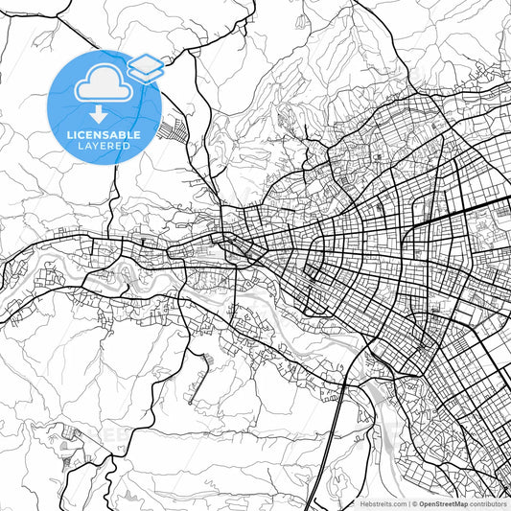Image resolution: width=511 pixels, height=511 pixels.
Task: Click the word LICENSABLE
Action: [x=103, y=135]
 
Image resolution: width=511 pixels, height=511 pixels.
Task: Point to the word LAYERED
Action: [x=103, y=149]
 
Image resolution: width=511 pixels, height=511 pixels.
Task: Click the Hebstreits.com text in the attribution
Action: [x=383, y=503]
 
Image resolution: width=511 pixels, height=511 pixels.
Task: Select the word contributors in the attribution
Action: [x=488, y=503]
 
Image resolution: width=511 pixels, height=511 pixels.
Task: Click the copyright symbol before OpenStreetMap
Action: [x=413, y=503]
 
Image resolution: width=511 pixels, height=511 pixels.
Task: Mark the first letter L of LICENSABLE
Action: [x=70, y=135]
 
